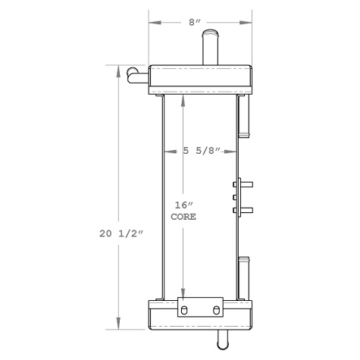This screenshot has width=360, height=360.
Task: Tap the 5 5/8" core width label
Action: pos(202,151)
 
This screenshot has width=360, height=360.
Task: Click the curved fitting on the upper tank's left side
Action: pos(137,74)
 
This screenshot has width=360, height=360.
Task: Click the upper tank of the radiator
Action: pos(200,79)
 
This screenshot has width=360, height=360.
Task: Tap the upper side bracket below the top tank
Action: pos(245,115)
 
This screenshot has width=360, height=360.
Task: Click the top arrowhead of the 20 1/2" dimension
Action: pos(118,70)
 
